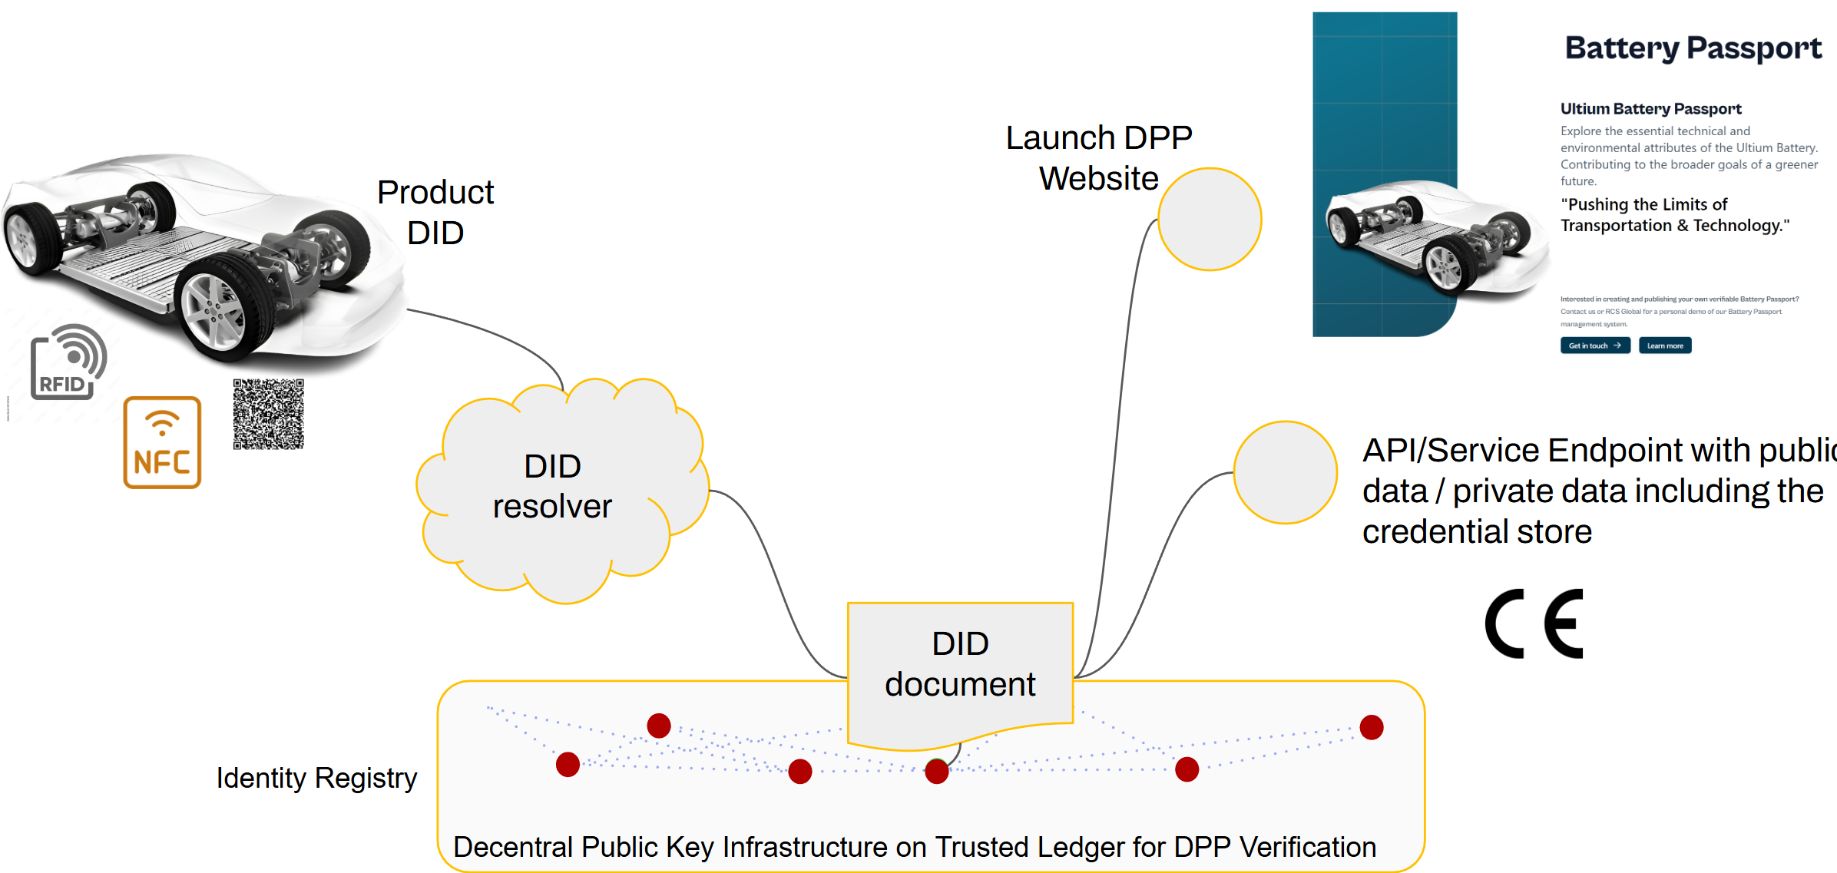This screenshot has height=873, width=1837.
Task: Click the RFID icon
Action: tap(68, 362)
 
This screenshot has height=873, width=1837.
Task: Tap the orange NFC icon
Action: tap(162, 442)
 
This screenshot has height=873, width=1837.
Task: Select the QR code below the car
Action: tap(269, 414)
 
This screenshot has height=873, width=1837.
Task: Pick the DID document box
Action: tap(960, 665)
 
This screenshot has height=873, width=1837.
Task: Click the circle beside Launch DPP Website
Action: tap(1210, 220)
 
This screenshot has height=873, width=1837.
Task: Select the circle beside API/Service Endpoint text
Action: tap(1285, 472)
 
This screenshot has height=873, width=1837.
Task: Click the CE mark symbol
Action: tap(1534, 623)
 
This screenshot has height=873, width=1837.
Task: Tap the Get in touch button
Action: tap(1594, 346)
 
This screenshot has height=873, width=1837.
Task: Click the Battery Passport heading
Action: tap(1693, 48)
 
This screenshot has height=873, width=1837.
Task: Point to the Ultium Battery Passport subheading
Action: tap(1650, 109)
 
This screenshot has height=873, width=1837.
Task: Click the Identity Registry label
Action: tap(316, 778)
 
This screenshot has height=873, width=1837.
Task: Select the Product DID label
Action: tap(435, 213)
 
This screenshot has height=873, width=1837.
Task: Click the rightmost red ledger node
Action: tap(1371, 726)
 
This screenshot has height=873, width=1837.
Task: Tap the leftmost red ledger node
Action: tap(568, 764)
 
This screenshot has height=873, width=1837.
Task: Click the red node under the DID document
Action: tap(936, 771)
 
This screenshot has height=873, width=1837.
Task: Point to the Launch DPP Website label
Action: tap(1099, 158)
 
